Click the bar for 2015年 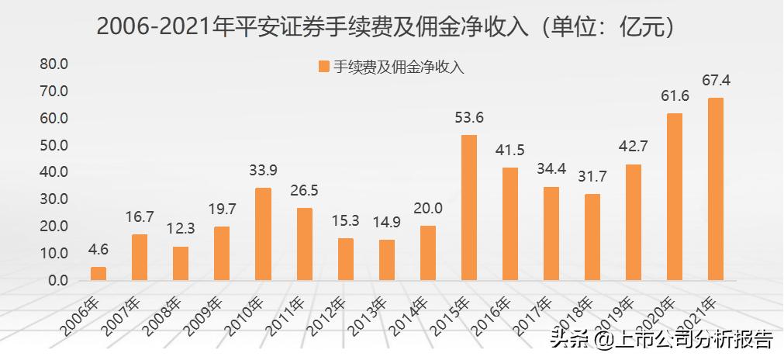tap(469, 207)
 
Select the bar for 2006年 tap(98, 273)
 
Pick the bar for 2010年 tap(263, 234)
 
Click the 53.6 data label tap(469, 118)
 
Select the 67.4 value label tap(716, 81)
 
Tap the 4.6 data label tap(98, 251)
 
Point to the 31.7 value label tap(592, 177)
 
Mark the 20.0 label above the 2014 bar tap(428, 209)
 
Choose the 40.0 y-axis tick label tap(54, 171)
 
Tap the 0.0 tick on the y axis tap(57, 280)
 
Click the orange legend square tap(323, 67)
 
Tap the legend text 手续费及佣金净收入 tap(399, 67)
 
